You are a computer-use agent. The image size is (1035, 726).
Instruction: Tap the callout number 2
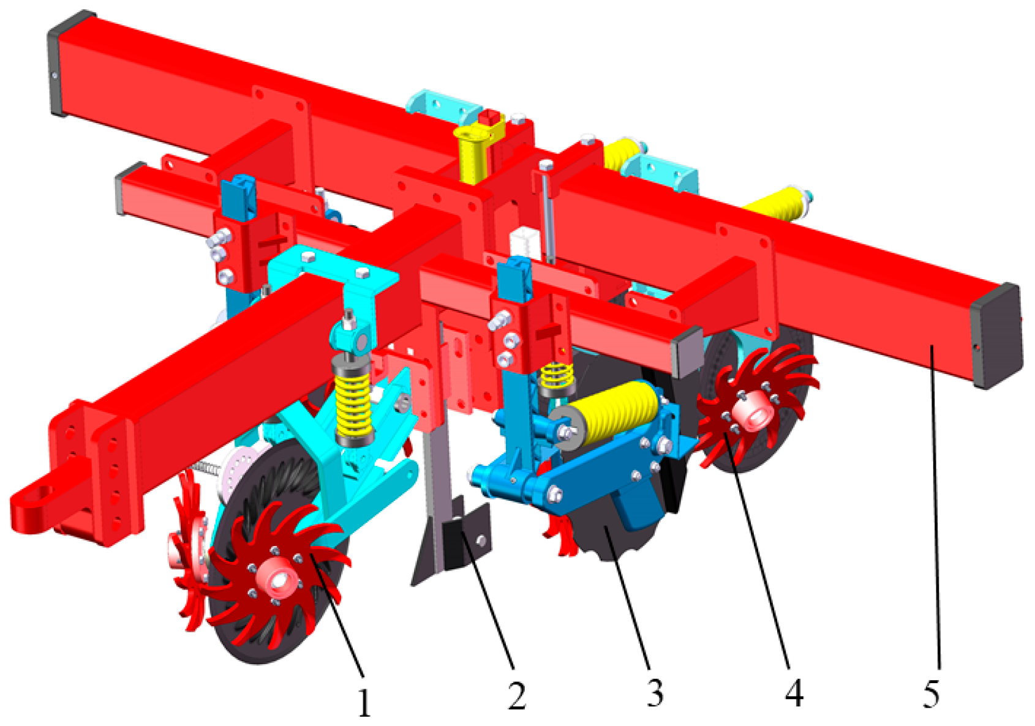pyautogui.click(x=516, y=695)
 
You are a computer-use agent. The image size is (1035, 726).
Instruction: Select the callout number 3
pyautogui.click(x=655, y=693)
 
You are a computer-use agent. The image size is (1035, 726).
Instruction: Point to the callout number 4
pyautogui.click(x=794, y=693)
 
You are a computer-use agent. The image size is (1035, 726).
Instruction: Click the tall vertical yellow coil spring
pyautogui.click(x=353, y=400)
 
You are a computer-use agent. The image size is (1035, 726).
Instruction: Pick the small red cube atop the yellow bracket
pyautogui.click(x=490, y=117)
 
